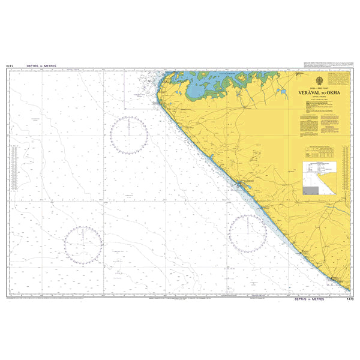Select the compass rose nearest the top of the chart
(x=129, y=135)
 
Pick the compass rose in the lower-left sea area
(x=83, y=245)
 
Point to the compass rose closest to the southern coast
(x=247, y=233)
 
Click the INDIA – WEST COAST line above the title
(x=318, y=89)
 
